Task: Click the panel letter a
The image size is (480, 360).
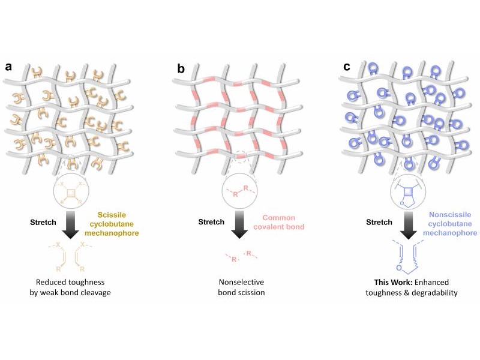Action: click(8, 67)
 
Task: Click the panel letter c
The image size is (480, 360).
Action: click(347, 67)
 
